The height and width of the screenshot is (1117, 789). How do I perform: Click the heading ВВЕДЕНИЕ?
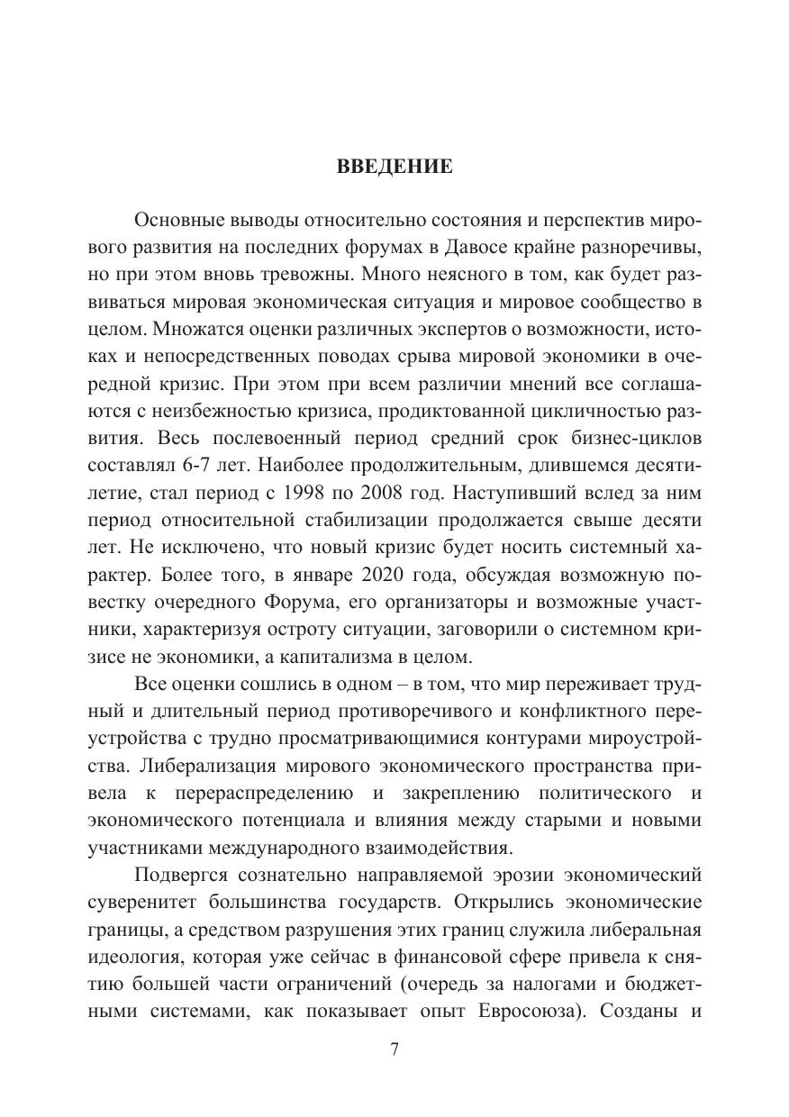coord(394,166)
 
